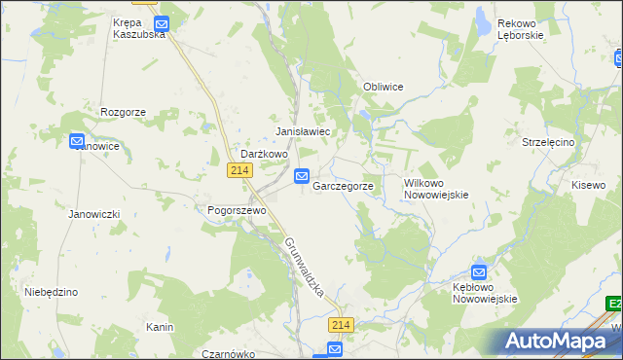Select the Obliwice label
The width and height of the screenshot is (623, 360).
pos(383,87)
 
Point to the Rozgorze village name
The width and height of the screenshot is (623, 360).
pos(123,112)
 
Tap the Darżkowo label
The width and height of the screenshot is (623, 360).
pos(264,154)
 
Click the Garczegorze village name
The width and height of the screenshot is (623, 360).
pos(343,185)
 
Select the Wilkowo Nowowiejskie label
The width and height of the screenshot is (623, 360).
pos(436,188)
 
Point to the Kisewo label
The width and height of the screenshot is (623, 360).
pos(588,184)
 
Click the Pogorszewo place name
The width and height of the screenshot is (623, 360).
pos(231,209)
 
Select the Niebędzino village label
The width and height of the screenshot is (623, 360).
pos(51,291)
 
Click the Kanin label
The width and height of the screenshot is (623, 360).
pos(160,327)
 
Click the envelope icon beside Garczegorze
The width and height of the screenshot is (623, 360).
pos(302,176)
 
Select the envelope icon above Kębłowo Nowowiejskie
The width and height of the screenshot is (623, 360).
pos(479,273)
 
